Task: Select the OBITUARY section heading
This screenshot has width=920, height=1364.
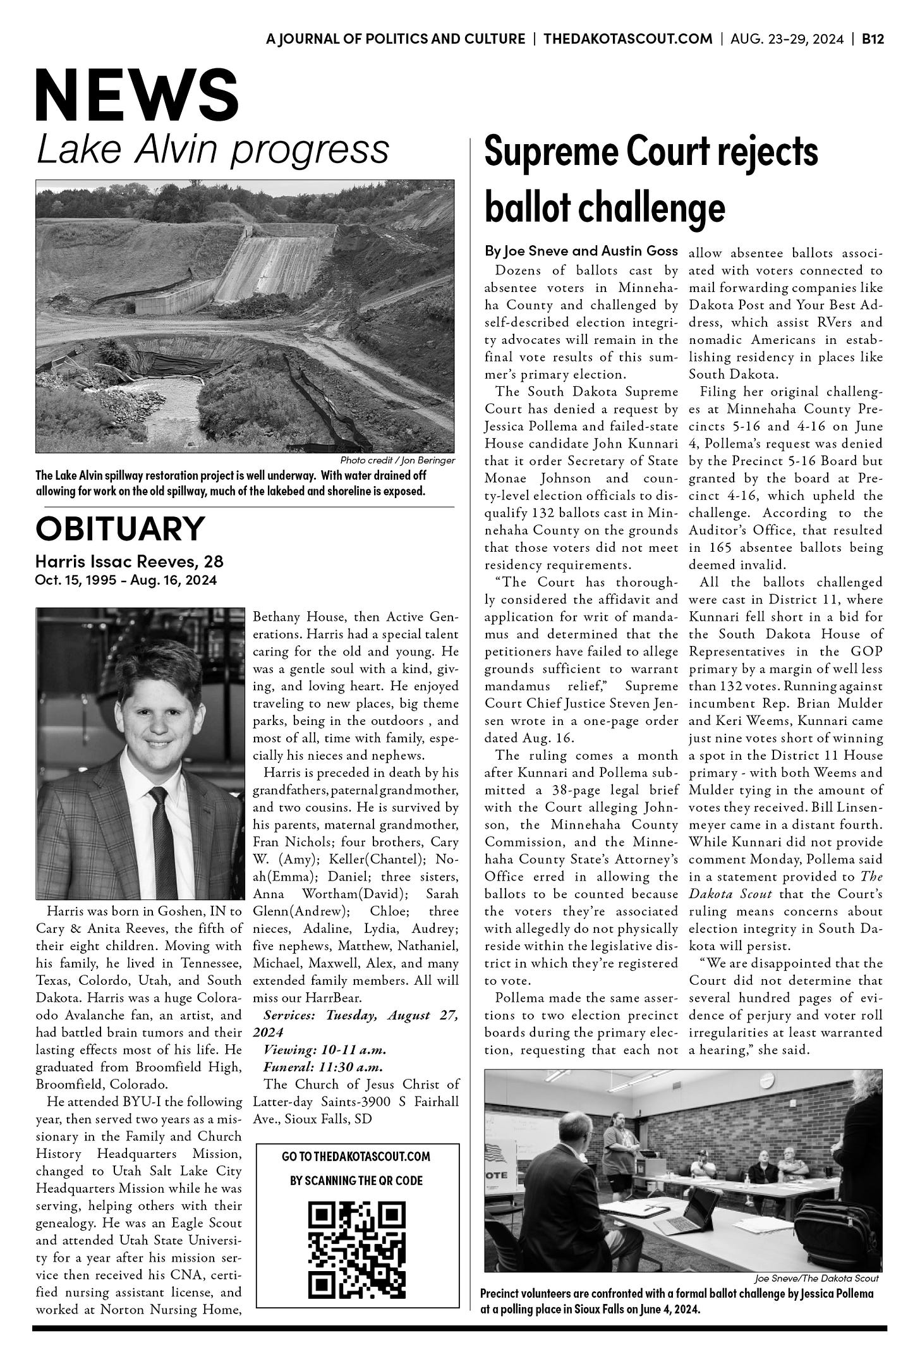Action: coord(120,528)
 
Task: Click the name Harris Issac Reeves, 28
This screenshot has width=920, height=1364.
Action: coord(129,561)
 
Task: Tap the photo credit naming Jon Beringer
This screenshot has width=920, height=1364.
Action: coord(397,460)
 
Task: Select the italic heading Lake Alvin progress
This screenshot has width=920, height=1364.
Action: coord(212,149)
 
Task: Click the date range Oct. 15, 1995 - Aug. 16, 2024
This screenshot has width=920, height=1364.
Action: coord(126,580)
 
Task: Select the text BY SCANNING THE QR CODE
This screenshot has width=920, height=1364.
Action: coord(356,1180)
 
